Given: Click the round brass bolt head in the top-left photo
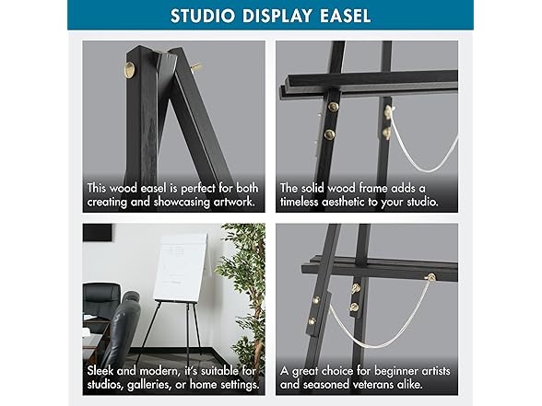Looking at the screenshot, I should pos(130,69).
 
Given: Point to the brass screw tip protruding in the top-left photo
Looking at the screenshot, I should pos(195,67).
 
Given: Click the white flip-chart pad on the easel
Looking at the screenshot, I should pos(180,267).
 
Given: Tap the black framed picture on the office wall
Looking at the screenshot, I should pos(97,232).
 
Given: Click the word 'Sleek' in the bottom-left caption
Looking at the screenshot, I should pos(104,369).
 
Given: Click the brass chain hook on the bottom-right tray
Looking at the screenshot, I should pos(430,277).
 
